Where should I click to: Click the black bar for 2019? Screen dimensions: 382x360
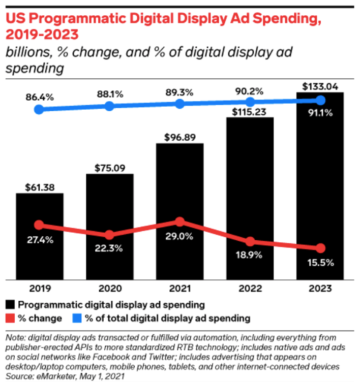(x=40, y=254)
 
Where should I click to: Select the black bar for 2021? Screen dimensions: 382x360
(x=179, y=178)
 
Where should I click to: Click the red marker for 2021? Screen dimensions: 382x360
(x=179, y=221)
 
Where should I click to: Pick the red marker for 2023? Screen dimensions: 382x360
(x=320, y=248)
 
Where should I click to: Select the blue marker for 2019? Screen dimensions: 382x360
(x=39, y=109)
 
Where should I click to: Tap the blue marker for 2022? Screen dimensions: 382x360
(x=250, y=102)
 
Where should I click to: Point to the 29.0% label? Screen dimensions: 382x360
(x=179, y=237)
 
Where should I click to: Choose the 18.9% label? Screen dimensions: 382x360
(x=250, y=256)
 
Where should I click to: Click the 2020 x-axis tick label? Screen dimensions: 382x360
(x=109, y=288)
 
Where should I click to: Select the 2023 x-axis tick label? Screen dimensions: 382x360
(x=320, y=288)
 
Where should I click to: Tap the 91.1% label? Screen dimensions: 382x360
(x=320, y=113)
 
